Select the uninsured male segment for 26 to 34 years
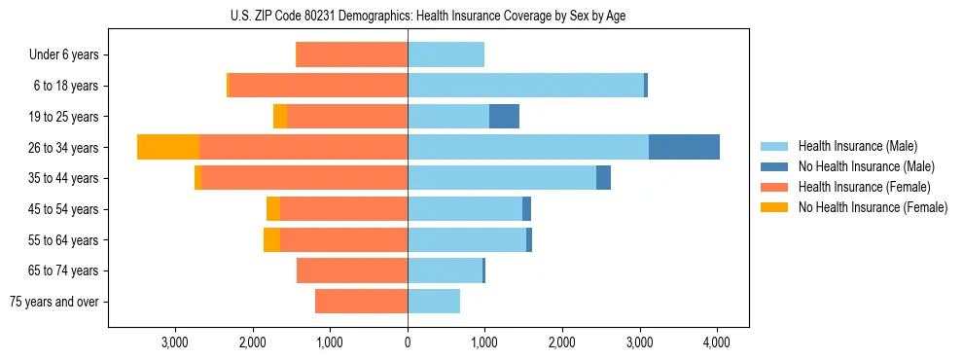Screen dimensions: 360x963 pyautogui.click(x=684, y=147)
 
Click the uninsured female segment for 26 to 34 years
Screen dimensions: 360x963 pyautogui.click(x=168, y=147)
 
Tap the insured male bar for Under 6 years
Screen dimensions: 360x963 pyautogui.click(x=446, y=54)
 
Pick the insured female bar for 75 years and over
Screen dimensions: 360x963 pyautogui.click(x=361, y=302)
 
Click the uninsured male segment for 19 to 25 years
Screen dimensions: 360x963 pyautogui.click(x=504, y=117)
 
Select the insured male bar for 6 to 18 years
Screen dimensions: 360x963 pyautogui.click(x=525, y=86)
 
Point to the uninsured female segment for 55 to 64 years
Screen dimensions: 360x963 pyautogui.click(x=271, y=240)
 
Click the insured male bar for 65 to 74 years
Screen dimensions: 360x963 pyautogui.click(x=445, y=270)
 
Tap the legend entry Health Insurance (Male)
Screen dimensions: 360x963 pyautogui.click(x=857, y=146)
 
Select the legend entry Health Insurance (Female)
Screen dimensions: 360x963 pyautogui.click(x=865, y=187)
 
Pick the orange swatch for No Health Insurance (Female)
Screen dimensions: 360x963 pyautogui.click(x=774, y=207)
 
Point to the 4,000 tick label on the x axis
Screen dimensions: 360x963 pyautogui.click(x=717, y=342)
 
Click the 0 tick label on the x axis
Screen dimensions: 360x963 pyautogui.click(x=408, y=342)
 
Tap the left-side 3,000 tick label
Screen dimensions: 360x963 pyautogui.click(x=175, y=342)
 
